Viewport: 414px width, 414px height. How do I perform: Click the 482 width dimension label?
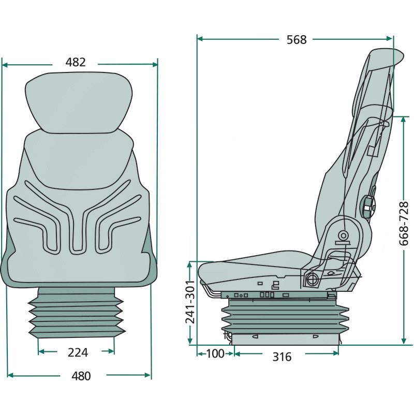click(76, 62)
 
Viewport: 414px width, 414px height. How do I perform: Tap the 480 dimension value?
click(80, 376)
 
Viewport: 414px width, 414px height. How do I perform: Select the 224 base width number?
click(77, 352)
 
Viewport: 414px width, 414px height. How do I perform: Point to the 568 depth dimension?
click(297, 39)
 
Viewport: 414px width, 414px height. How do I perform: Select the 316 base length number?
click(282, 357)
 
